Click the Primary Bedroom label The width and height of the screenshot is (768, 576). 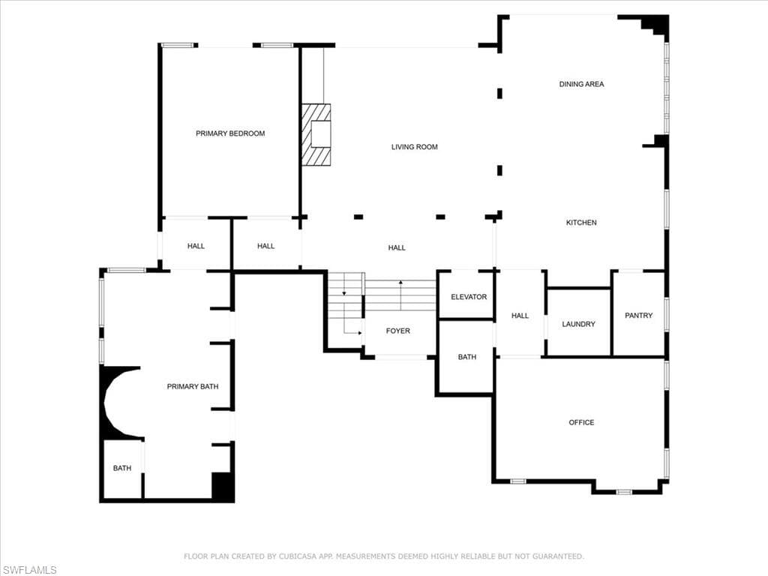[x=230, y=133]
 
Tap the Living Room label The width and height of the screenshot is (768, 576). [x=414, y=146]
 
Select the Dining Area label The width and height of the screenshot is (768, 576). [x=581, y=84]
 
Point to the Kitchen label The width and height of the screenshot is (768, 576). [x=581, y=222]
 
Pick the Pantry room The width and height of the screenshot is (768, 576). [x=639, y=313]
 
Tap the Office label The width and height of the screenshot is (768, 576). [x=581, y=422]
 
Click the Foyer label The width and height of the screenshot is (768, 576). [x=397, y=331]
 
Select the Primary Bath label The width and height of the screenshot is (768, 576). [x=193, y=386]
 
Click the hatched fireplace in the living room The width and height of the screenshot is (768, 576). [x=316, y=135]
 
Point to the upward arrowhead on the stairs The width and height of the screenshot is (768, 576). [x=400, y=282]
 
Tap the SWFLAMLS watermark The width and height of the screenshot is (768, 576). [x=29, y=570]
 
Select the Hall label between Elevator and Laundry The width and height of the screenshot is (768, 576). [x=520, y=316]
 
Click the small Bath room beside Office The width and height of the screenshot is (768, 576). [x=466, y=356]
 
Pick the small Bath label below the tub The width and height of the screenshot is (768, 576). [x=122, y=468]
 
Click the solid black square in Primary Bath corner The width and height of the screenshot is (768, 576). [x=222, y=486]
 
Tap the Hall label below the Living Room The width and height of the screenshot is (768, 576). [x=397, y=247]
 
